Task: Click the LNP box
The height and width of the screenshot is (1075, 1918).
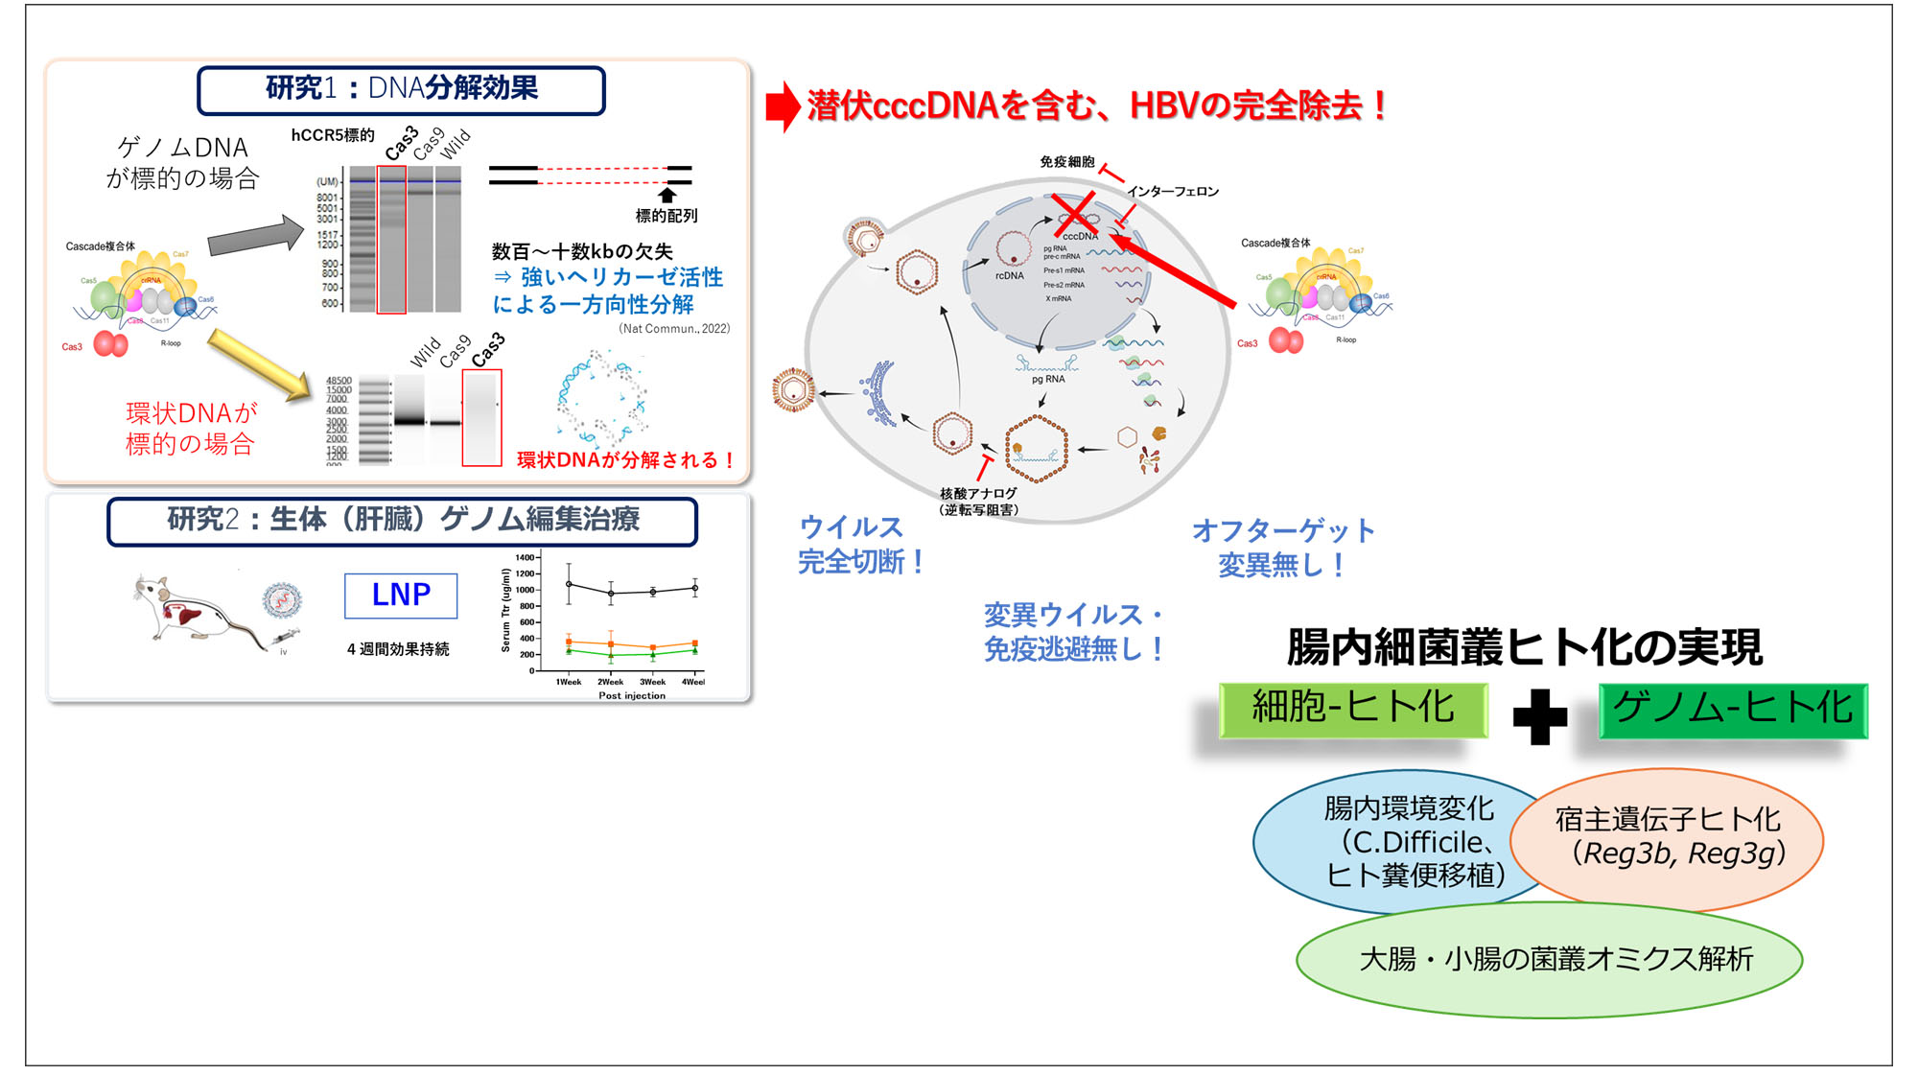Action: [401, 596]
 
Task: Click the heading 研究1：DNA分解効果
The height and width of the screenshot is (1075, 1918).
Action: [401, 89]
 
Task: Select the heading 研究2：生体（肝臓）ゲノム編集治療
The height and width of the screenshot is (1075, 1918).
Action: [402, 521]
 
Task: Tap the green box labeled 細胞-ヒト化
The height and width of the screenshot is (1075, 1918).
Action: [1352, 710]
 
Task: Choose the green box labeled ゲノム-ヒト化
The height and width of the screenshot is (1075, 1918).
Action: [1732, 710]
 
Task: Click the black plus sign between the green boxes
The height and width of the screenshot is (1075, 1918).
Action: [1539, 716]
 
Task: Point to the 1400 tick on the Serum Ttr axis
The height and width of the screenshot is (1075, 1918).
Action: [525, 557]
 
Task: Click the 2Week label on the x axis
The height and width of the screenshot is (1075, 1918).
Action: [610, 682]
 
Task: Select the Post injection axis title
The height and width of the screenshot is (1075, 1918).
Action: [631, 696]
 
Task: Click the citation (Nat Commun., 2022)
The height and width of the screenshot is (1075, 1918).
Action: [673, 329]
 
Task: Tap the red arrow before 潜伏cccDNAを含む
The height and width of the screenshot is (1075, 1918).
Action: [783, 105]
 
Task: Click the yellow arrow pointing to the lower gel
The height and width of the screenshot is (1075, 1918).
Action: [259, 363]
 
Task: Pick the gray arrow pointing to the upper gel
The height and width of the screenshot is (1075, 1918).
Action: [255, 236]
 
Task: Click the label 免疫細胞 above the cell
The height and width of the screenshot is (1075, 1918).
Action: [1066, 162]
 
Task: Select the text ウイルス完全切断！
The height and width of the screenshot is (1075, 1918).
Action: [859, 544]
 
